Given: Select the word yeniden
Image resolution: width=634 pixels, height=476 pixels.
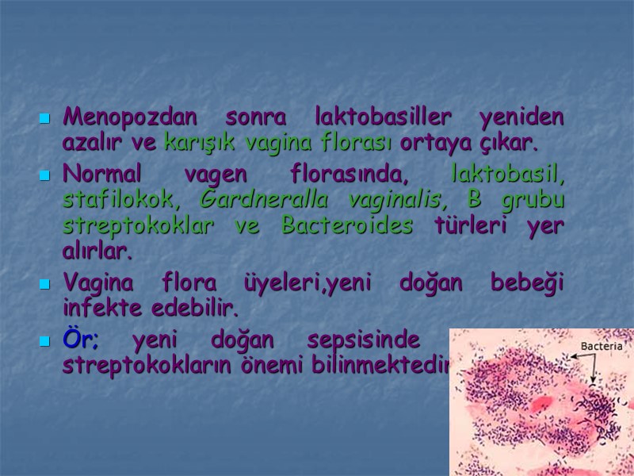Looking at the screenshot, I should point(522,117).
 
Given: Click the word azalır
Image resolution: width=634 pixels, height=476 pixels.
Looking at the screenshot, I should point(88,144).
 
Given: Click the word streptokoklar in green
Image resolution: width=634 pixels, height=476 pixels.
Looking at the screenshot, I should point(138,225).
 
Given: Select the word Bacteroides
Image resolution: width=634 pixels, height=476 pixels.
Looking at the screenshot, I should point(347,225).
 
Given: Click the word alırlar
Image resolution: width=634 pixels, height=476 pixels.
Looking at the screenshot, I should point(97,252).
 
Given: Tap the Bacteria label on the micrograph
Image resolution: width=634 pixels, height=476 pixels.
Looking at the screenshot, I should point(602,346).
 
